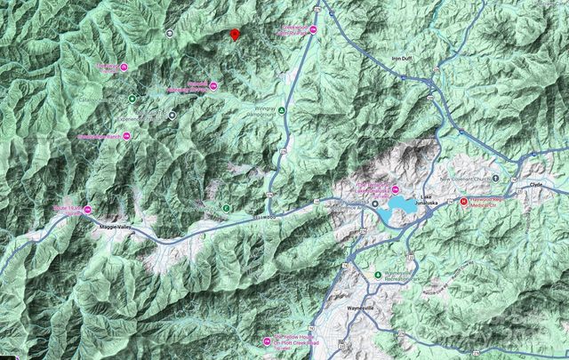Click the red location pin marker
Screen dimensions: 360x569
click(x=234, y=35)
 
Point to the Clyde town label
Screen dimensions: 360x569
click(x=536, y=184)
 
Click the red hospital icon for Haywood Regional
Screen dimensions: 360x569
click(x=463, y=201)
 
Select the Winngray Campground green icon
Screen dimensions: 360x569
click(x=282, y=110)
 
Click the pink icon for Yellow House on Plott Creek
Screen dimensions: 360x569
click(x=267, y=342)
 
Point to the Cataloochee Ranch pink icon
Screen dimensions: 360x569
click(x=125, y=136)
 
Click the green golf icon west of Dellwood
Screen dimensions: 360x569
click(x=226, y=208)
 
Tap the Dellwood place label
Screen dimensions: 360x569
click(x=264, y=216)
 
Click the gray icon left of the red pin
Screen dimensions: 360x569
click(x=170, y=33)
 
